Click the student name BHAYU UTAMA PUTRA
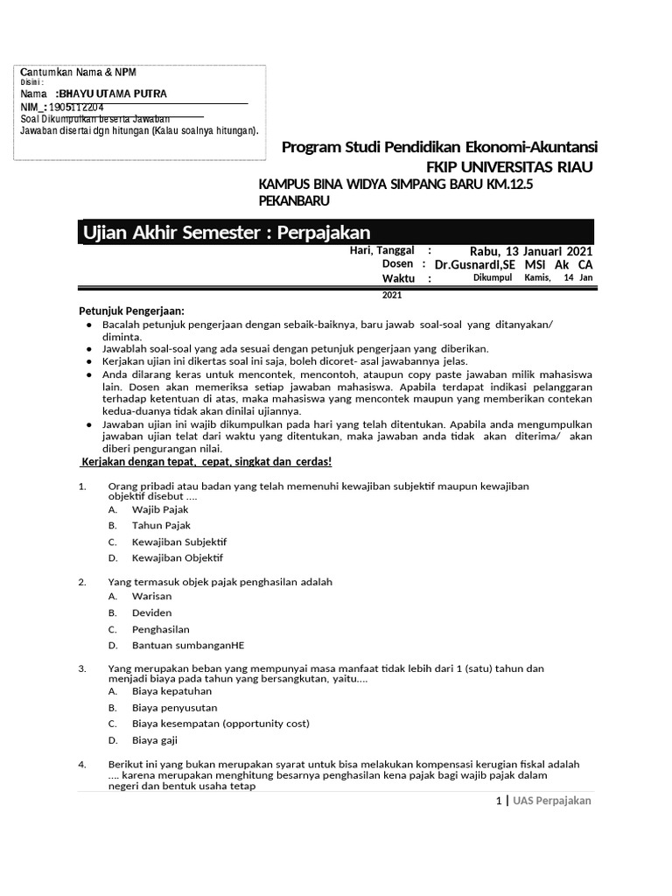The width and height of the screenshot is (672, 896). pyautogui.click(x=111, y=94)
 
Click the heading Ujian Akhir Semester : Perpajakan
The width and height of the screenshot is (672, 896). pyautogui.click(x=227, y=232)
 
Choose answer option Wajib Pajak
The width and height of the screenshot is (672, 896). pyautogui.click(x=160, y=509)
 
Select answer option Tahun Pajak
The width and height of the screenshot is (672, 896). pyautogui.click(x=161, y=525)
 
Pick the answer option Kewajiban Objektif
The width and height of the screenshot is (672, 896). pyautogui.click(x=178, y=557)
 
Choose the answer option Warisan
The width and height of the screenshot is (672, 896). pyautogui.click(x=152, y=596)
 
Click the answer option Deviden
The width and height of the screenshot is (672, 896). pyautogui.click(x=152, y=612)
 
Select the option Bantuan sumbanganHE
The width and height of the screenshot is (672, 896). pyautogui.click(x=188, y=645)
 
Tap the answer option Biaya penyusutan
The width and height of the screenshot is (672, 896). pyautogui.click(x=175, y=707)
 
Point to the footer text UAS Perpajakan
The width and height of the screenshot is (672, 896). pyautogui.click(x=552, y=801)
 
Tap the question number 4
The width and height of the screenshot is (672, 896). pyautogui.click(x=81, y=764)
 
